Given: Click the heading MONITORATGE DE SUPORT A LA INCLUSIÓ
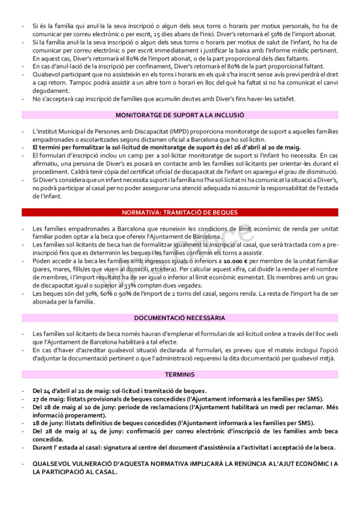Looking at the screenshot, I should (x=180, y=115).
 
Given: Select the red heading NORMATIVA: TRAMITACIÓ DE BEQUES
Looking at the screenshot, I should (x=180, y=212).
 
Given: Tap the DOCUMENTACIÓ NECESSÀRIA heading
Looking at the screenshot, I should (x=180, y=318).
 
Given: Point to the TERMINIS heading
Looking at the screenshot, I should (x=180, y=375).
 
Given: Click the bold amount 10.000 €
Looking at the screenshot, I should (x=235, y=261).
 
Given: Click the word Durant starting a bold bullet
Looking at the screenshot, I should (x=43, y=447).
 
